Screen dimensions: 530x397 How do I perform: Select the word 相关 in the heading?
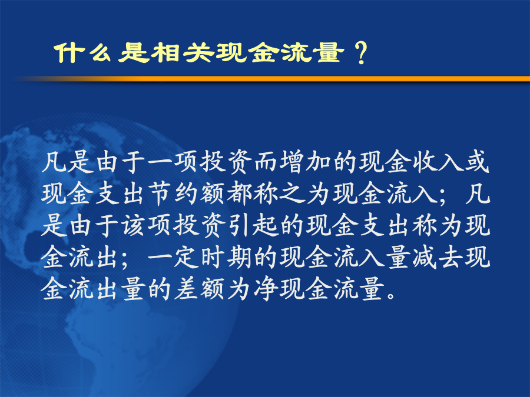tap(183, 53)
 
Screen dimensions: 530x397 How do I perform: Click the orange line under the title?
tap(271, 79)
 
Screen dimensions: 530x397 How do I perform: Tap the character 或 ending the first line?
tap(477, 162)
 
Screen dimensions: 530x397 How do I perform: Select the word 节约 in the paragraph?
tap(174, 194)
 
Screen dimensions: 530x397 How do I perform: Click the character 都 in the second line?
tap(239, 194)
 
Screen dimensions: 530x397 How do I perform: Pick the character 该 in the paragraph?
tap(134, 225)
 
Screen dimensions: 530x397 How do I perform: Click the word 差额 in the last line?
tap(200, 289)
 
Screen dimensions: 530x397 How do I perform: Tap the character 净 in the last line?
tap(266, 289)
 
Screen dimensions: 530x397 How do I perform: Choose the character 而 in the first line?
tap(266, 162)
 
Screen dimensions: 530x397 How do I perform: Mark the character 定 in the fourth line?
tap(187, 257)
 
